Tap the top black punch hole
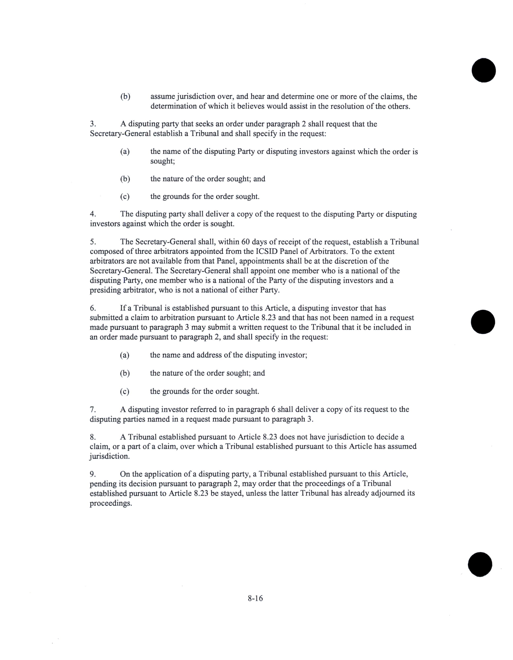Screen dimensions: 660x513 (x=483, y=70)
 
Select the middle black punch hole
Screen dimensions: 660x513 (x=483, y=322)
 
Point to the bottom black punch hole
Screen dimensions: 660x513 (x=480, y=564)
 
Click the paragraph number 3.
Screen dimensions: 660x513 (x=93, y=124)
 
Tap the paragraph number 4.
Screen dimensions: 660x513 (x=93, y=214)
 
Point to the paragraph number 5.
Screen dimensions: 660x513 (x=93, y=242)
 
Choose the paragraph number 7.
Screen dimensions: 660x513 (x=93, y=409)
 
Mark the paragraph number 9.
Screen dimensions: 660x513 (x=93, y=474)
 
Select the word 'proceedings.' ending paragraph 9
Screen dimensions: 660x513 (x=111, y=503)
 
